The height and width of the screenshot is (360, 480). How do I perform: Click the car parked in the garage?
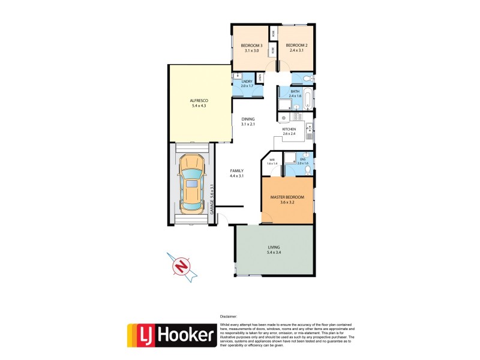point(191,183)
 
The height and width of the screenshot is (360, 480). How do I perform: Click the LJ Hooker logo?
point(171,335)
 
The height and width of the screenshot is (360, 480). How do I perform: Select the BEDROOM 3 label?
point(250,46)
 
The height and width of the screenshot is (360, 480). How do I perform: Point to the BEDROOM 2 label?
point(296,46)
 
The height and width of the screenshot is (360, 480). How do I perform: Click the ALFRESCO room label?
point(199,101)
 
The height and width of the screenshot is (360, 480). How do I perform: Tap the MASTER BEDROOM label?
point(287,197)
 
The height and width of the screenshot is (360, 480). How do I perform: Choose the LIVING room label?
point(274,247)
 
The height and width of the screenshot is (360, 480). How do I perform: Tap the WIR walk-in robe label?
point(272,160)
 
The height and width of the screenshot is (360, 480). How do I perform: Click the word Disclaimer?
point(229,316)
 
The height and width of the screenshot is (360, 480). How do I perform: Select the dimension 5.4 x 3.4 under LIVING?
point(274,253)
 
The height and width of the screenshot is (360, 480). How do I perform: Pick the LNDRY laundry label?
point(247,82)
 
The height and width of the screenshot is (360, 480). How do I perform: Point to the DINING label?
point(248,119)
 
